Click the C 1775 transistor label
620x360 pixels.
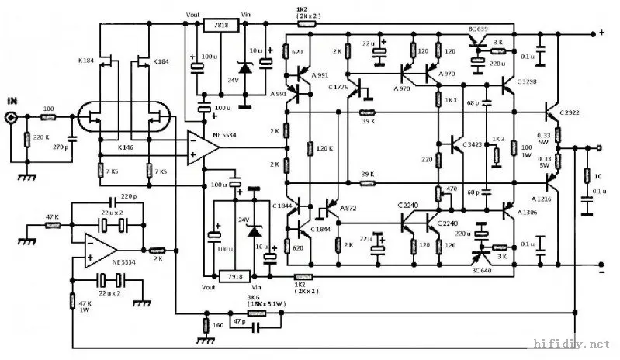[x=339, y=87]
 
